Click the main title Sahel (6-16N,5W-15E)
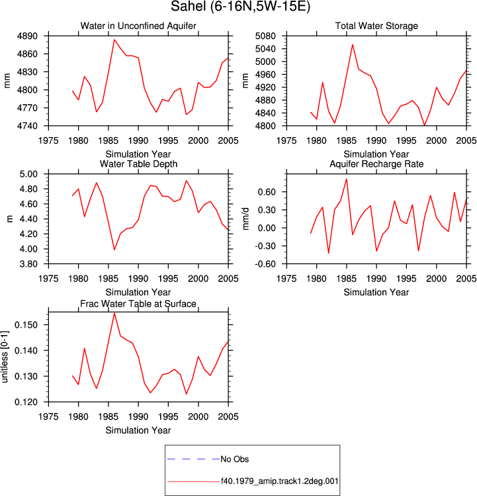click(x=240, y=7)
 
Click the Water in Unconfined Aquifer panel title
click(x=138, y=26)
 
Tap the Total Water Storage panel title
click(x=376, y=26)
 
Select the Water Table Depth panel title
click(x=138, y=164)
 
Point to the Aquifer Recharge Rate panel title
click(x=376, y=164)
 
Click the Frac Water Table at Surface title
click(x=138, y=304)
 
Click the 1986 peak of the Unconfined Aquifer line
click(x=114, y=40)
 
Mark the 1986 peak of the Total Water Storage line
click(x=353, y=44)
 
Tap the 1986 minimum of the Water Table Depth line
click(x=114, y=250)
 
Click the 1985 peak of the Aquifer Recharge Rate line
click(x=347, y=179)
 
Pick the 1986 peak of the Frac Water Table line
click(x=114, y=313)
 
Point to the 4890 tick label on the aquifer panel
click(x=27, y=36)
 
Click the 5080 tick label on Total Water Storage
click(x=265, y=36)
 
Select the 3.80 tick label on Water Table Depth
click(x=28, y=264)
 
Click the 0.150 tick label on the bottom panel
click(x=26, y=325)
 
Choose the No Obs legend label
click(x=235, y=459)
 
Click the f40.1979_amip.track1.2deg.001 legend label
click(x=279, y=481)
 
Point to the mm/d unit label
click(x=246, y=219)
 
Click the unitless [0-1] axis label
click(x=5, y=357)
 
